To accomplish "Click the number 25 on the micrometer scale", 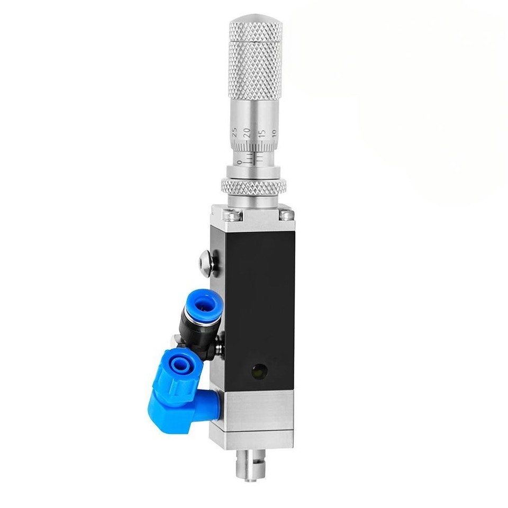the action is click(x=235, y=132).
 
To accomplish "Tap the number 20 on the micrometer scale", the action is click(x=247, y=132).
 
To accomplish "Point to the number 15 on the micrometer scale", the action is click(x=262, y=133).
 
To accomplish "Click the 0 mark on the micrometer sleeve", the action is click(x=239, y=162).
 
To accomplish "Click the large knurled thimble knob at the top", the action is click(x=256, y=60).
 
